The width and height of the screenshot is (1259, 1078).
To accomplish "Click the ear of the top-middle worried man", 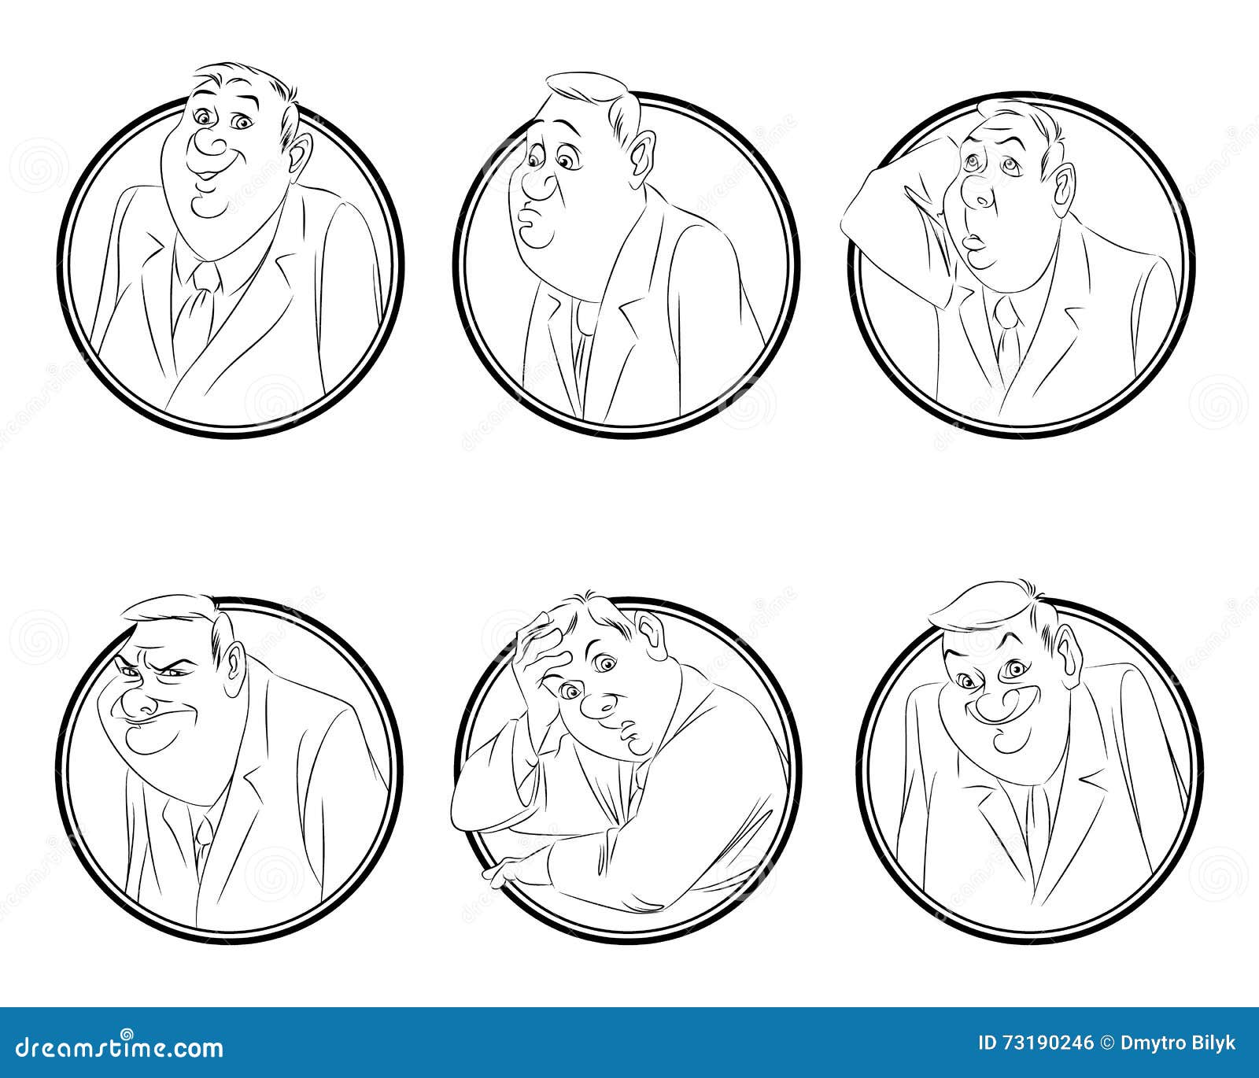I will coord(642,154).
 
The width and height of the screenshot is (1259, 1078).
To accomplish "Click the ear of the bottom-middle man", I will coord(650,629).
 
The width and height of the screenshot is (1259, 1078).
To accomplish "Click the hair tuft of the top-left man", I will coord(236,75).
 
